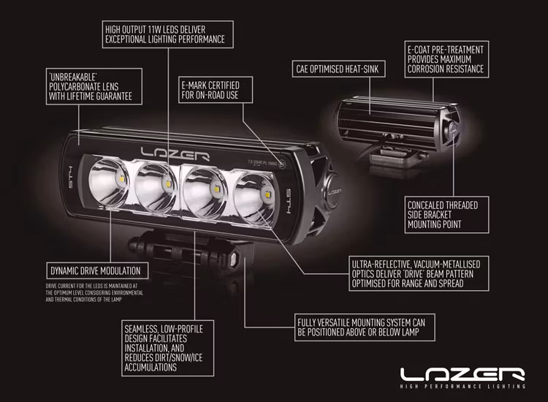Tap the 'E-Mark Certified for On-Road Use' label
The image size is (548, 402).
[210, 91]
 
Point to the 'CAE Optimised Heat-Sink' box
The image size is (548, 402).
[340, 70]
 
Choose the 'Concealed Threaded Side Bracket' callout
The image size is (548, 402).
[447, 213]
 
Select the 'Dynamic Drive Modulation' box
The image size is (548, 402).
[93, 268]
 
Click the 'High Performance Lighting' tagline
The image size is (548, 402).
[463, 386]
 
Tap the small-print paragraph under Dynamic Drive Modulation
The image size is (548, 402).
[94, 292]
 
